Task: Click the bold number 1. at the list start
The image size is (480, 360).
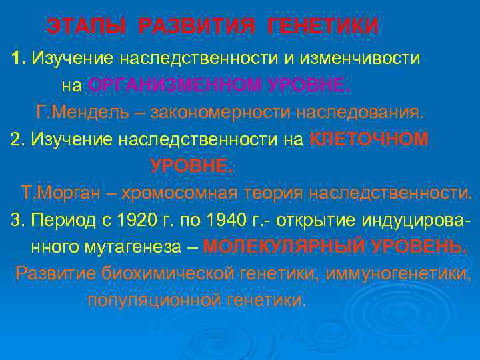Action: [19, 58]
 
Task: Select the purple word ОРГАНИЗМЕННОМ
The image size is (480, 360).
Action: [176, 85]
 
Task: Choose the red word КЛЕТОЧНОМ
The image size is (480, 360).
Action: [369, 139]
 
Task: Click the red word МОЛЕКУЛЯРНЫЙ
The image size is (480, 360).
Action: [284, 247]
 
